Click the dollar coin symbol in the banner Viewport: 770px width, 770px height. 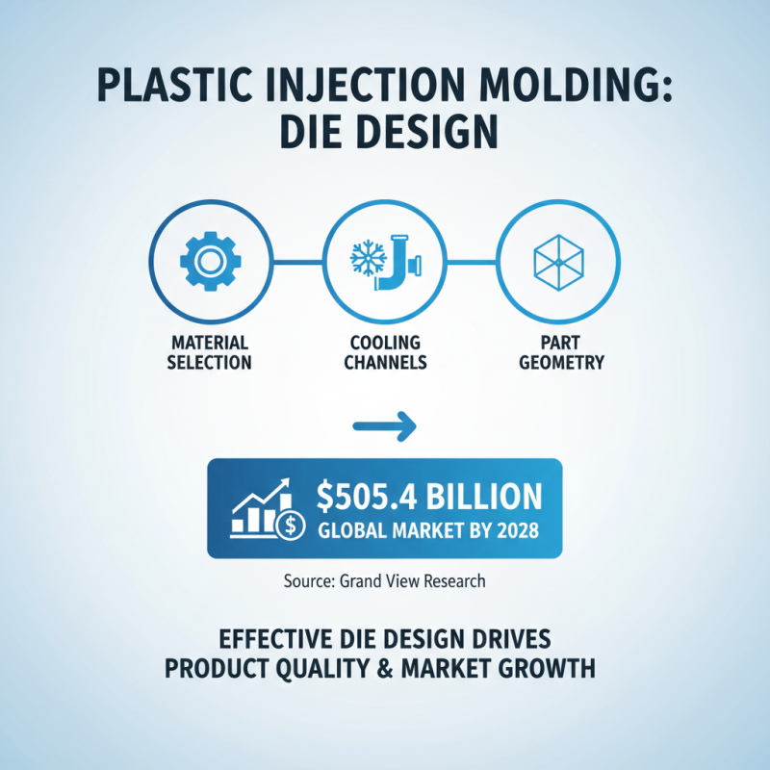(288, 526)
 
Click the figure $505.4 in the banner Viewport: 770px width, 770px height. (370, 496)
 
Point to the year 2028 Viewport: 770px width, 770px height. (520, 528)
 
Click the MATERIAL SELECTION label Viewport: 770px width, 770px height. (210, 352)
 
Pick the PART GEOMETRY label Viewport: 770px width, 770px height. (558, 352)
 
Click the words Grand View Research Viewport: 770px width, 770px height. (412, 581)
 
